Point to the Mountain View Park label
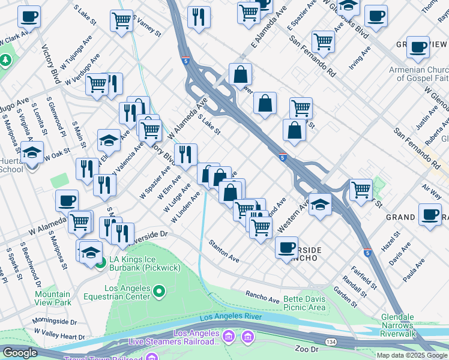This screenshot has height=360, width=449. [52, 298]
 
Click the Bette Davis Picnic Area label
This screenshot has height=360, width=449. [297, 303]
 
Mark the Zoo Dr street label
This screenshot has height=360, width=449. [306, 349]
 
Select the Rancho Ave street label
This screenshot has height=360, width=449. [262, 296]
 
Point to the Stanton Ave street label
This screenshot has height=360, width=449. [224, 251]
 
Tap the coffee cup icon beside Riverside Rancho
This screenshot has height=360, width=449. [287, 247]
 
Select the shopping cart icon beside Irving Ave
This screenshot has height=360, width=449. [323, 42]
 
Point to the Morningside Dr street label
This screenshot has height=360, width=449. [56, 321]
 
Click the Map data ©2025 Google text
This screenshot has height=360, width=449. [412, 355]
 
